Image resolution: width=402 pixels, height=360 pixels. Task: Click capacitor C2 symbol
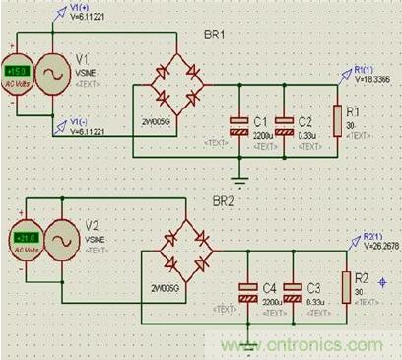coord(284,124)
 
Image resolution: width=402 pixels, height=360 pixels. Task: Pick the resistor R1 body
coord(338,120)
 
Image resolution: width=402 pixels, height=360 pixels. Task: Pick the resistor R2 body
coord(346,285)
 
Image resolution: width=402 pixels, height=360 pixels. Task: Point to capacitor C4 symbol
coord(248,291)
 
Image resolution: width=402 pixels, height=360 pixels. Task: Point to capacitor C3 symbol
coord(293,291)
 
